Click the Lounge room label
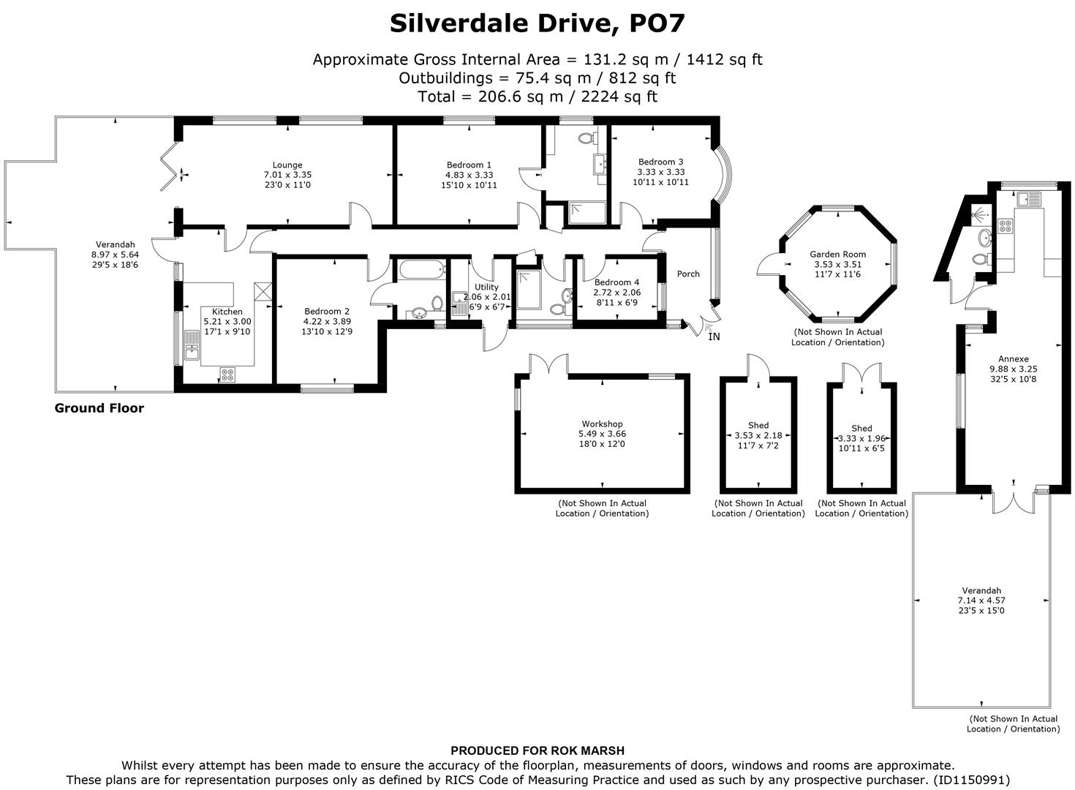[287, 165]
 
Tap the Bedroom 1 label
[468, 165]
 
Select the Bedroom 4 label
[616, 282]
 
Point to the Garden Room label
[837, 255]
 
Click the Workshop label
[602, 424]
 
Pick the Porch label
[688, 274]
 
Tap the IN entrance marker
[714, 336]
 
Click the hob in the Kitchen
[227, 375]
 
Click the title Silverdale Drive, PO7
[537, 23]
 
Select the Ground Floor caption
[99, 408]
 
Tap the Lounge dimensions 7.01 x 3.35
[287, 176]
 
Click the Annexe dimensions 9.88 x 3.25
[1013, 369]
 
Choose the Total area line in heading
[537, 97]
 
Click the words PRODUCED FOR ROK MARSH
[537, 750]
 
